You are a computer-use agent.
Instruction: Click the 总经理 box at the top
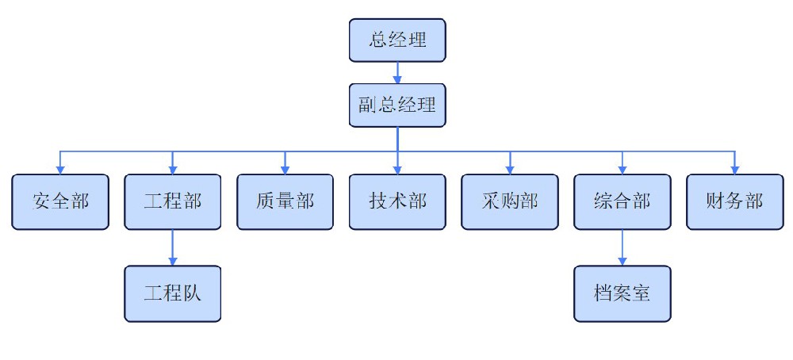[397, 40]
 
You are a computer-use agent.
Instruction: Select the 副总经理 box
[397, 105]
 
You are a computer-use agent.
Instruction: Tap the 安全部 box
[60, 201]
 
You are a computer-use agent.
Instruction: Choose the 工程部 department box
[173, 201]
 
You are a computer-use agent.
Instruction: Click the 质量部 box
[285, 201]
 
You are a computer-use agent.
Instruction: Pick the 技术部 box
[397, 201]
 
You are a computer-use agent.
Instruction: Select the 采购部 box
[510, 201]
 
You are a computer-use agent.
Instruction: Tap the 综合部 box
[622, 201]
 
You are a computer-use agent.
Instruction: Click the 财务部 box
[734, 201]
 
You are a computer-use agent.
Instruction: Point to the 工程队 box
[173, 293]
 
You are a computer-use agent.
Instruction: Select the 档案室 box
[622, 293]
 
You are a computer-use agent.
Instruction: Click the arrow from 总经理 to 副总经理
[397, 72]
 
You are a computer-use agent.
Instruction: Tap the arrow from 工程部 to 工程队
[173, 247]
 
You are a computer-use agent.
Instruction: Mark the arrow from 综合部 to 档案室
[622, 247]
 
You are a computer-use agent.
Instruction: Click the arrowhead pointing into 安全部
[60, 169]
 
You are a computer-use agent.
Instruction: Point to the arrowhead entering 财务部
[734, 169]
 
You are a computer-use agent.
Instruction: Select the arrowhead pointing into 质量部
[285, 169]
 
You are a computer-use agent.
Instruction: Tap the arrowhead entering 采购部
[510, 169]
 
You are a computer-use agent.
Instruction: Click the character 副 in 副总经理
[366, 105]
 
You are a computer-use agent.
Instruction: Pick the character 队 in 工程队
[193, 293]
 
